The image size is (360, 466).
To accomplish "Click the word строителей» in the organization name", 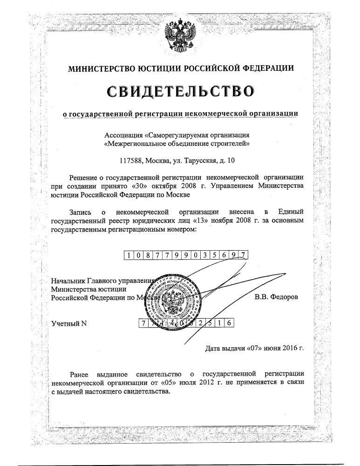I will [x=231, y=144].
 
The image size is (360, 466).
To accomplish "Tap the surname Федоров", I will [x=285, y=297].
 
